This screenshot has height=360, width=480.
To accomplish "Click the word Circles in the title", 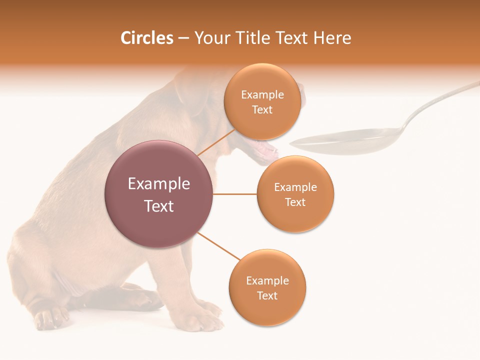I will [x=146, y=38].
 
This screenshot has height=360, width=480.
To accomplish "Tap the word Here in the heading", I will [x=332, y=38].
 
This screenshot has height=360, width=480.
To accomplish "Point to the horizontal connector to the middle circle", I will [x=234, y=194].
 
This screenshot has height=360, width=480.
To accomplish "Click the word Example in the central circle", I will [x=158, y=184].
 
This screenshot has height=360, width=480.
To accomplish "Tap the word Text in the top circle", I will [x=262, y=110].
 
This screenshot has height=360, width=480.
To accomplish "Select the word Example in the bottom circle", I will [x=267, y=281].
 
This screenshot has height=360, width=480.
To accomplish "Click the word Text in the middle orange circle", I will [x=295, y=202].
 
